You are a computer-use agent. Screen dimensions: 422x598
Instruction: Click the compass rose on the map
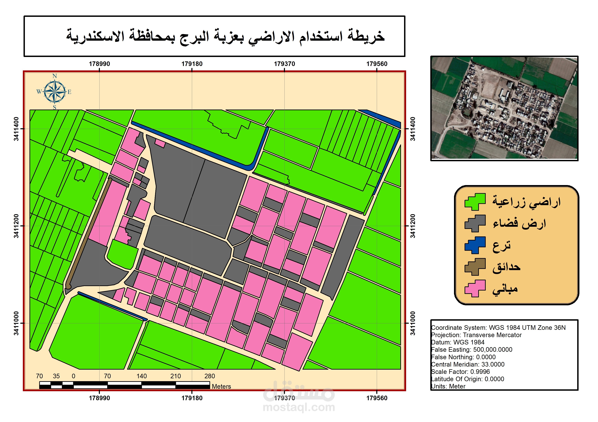[54, 92]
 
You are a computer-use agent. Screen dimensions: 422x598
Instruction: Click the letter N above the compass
[54, 76]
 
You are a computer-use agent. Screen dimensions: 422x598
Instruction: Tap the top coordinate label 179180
[192, 64]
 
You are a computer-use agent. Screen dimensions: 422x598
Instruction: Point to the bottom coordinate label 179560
[377, 398]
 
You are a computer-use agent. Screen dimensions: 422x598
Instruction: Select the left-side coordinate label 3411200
[16, 226]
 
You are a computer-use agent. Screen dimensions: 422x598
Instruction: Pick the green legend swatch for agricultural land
[475, 202]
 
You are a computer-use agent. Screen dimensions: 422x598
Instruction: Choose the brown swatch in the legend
[475, 267]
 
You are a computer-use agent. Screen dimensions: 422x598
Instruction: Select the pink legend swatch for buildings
[475, 288]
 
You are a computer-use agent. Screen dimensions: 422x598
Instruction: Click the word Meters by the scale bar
[221, 386]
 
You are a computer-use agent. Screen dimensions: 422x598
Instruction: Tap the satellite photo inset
[504, 108]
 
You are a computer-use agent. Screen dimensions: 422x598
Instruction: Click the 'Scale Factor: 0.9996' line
[460, 371]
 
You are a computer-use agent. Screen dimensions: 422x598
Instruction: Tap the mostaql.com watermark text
[299, 407]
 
